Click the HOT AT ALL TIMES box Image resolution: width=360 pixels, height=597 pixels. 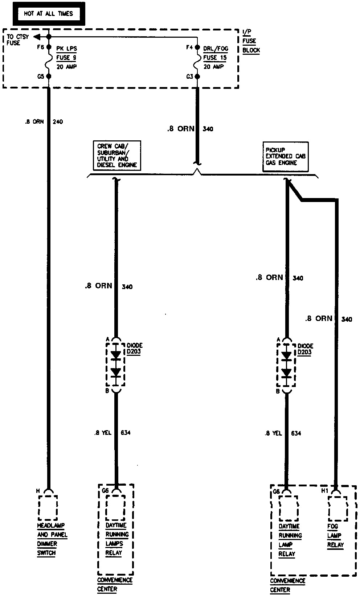pyautogui.click(x=48, y=14)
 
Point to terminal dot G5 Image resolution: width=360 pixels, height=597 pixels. pyautogui.click(x=49, y=77)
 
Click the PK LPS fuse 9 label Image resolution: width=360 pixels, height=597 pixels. pyautogui.click(x=66, y=58)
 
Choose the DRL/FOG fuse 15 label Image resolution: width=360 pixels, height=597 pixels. pyautogui.click(x=216, y=58)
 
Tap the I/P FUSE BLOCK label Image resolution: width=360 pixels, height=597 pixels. pyautogui.click(x=251, y=41)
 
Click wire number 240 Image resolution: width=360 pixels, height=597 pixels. pyautogui.click(x=58, y=122)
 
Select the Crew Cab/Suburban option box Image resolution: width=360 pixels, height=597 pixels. pyautogui.click(x=117, y=156)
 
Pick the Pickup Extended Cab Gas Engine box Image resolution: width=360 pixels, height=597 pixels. pyautogui.click(x=285, y=157)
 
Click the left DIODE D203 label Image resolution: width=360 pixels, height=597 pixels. pyautogui.click(x=135, y=348)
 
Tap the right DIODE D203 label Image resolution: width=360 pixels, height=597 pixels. pyautogui.click(x=305, y=349)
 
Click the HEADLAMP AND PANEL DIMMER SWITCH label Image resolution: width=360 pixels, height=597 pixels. pyautogui.click(x=52, y=539)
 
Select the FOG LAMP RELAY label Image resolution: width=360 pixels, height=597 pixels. pyautogui.click(x=335, y=535)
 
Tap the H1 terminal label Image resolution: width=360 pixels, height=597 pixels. pyautogui.click(x=324, y=491)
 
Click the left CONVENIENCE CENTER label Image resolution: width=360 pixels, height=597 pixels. pyautogui.click(x=115, y=584)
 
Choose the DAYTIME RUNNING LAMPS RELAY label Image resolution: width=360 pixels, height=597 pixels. pyautogui.click(x=116, y=539)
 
